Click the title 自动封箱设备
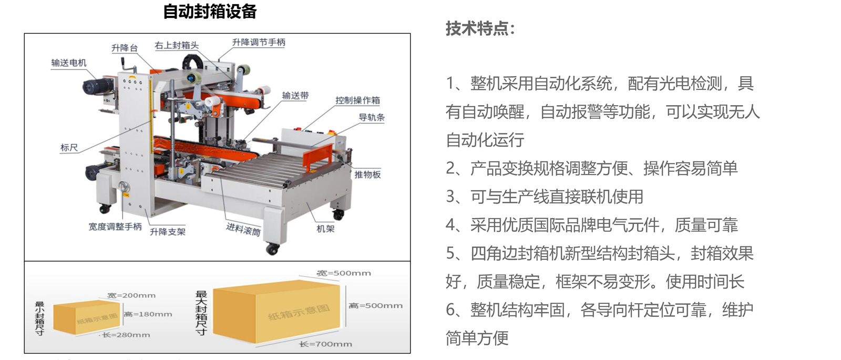(x=210, y=12)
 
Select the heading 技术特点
(x=480, y=28)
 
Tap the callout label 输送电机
(x=69, y=63)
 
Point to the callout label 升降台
(x=125, y=48)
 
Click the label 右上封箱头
(x=177, y=45)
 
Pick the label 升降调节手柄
(x=259, y=43)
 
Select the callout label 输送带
(x=295, y=96)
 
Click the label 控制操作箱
(x=358, y=100)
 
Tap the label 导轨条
(x=372, y=118)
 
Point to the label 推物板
(x=367, y=174)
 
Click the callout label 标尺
(x=69, y=148)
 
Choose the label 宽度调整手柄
(x=115, y=227)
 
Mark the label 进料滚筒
(x=243, y=229)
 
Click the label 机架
(x=325, y=229)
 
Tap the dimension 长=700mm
(x=325, y=344)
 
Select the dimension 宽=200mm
(x=131, y=295)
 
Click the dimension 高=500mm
(x=375, y=305)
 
